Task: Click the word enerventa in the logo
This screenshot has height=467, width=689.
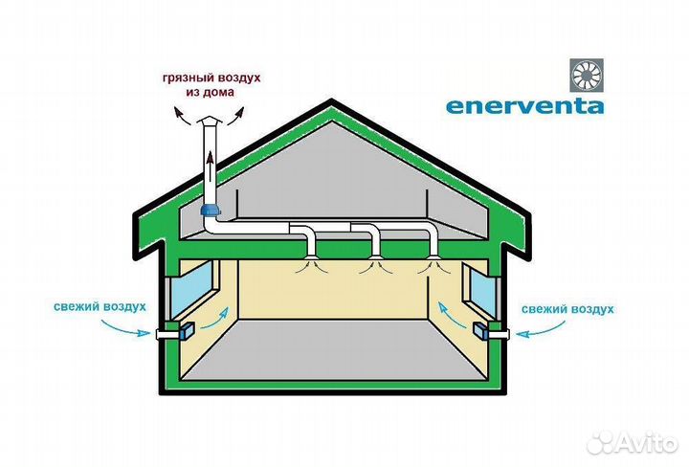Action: click(524, 106)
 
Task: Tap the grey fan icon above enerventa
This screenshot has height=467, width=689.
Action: click(587, 76)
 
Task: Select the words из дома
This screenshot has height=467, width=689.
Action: click(210, 93)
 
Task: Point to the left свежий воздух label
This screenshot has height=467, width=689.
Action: click(100, 306)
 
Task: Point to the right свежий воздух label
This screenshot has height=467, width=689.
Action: click(567, 309)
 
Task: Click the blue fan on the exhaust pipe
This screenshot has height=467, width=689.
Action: click(210, 210)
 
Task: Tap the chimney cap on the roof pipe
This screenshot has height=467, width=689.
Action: click(210, 122)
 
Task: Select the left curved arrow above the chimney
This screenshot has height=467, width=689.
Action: click(181, 117)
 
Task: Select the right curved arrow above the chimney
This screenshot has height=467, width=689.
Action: click(235, 117)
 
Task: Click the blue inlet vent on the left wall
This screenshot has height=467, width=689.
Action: click(188, 331)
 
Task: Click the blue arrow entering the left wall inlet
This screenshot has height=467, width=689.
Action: click(125, 328)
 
